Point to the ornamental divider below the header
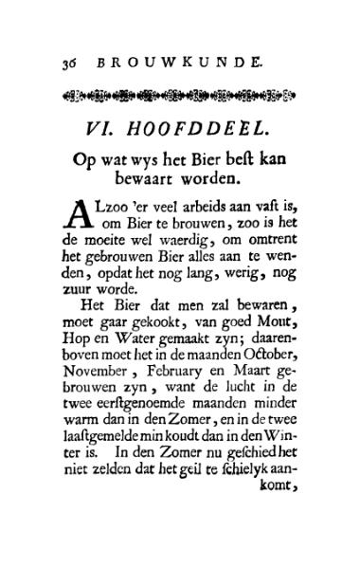180,95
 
